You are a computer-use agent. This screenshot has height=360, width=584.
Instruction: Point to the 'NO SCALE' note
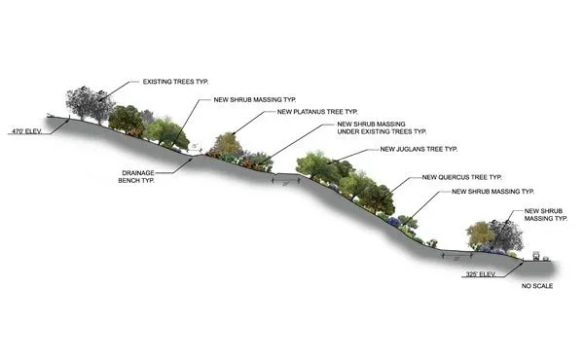click(539, 288)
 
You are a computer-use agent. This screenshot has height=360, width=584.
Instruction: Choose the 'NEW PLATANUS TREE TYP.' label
click(318, 112)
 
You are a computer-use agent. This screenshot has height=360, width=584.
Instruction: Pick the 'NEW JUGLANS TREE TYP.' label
click(419, 149)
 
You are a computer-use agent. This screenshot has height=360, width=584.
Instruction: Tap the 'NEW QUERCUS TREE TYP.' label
click(462, 177)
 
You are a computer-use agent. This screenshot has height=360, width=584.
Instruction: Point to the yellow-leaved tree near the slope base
click(479, 234)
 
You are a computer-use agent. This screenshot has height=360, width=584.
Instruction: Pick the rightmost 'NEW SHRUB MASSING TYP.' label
click(544, 215)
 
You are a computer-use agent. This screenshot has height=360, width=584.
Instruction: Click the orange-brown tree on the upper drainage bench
click(227, 145)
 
